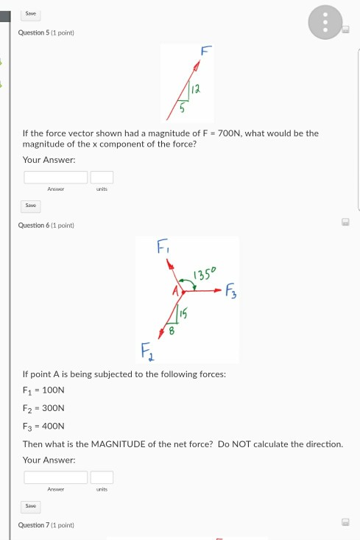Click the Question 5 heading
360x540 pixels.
pos(46,33)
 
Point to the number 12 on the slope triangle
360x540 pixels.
pos(196,89)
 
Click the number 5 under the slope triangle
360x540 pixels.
pos(183,108)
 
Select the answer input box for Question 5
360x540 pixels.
pos(56,177)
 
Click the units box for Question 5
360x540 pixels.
pos(102,177)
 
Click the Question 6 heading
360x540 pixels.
pos(46,225)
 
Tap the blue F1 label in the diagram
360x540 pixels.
pos(163,245)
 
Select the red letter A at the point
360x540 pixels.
pos(175,292)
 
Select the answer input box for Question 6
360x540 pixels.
pos(56,477)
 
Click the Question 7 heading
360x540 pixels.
pos(46,525)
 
